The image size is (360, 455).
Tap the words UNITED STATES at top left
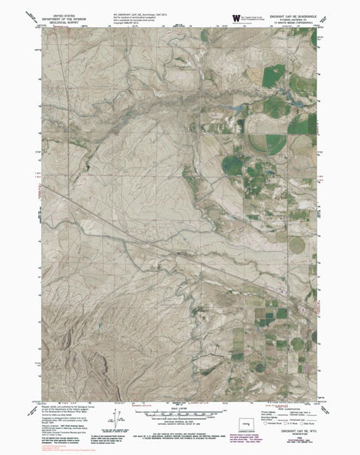click(x=61, y=13)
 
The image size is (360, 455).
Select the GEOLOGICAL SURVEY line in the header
click(x=61, y=22)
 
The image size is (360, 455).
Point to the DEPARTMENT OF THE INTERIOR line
click(x=61, y=17)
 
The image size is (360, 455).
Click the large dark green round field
click(x=233, y=164)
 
